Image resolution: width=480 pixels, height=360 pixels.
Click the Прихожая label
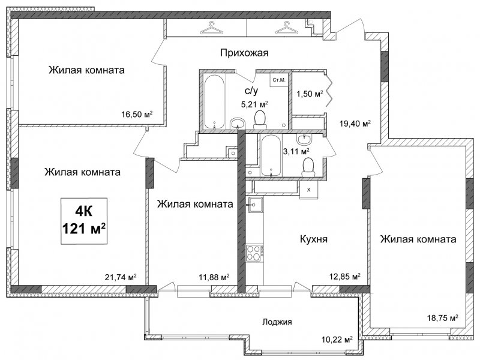[244, 53]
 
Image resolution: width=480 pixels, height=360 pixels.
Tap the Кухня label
[313, 239]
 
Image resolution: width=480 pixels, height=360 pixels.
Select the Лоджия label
[277, 322]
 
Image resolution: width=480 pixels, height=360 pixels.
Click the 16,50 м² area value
[137, 115]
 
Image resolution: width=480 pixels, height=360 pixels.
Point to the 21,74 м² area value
[121, 277]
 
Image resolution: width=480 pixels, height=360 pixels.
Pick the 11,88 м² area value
[214, 277]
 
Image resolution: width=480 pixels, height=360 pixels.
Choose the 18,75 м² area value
[443, 318]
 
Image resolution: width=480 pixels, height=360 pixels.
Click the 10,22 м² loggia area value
[337, 340]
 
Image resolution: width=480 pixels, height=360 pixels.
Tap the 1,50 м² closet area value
[310, 94]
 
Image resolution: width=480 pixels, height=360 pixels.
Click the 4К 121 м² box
[84, 221]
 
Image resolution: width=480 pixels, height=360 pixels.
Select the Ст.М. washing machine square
[278, 80]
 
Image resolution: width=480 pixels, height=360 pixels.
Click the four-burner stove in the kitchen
[254, 253]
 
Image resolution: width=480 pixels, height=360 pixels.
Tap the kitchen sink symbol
[254, 204]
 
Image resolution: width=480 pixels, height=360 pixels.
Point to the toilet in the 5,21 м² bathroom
[260, 119]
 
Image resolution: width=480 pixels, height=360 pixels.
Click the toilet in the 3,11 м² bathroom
[308, 167]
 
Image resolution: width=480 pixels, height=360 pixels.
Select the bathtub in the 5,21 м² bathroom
[214, 101]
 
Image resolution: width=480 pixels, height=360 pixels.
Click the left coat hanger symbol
[211, 28]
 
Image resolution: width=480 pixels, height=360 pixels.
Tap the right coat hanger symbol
[286, 28]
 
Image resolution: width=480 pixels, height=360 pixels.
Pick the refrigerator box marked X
[308, 190]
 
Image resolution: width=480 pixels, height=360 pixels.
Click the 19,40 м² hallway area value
[355, 124]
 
